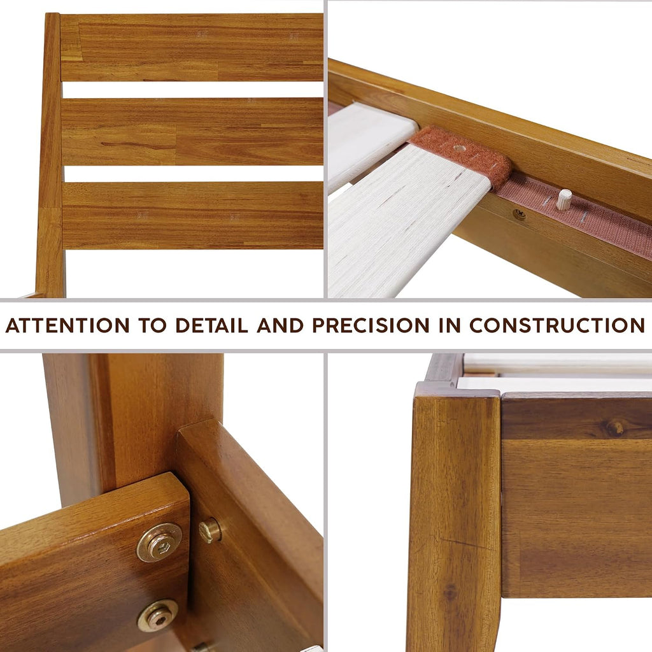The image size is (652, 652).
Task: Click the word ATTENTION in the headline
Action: click(67, 325)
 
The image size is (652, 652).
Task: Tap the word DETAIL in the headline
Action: click(211, 325)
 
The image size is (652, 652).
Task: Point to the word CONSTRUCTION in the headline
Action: click(557, 325)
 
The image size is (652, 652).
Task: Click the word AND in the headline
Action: click(280, 325)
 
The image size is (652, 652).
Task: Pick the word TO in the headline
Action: click(153, 325)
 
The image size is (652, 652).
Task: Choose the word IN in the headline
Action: click(450, 325)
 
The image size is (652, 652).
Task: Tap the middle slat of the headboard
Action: click(193, 131)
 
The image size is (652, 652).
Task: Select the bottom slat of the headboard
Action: click(194, 215)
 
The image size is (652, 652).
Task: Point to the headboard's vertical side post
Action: click(51, 155)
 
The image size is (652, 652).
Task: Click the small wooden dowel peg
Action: click(564, 199)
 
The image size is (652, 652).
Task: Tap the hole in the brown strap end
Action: click(460, 148)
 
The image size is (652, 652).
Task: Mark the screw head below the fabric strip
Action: click(519, 215)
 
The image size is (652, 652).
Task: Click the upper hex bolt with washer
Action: click(160, 543)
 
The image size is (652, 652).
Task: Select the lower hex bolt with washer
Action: click(158, 616)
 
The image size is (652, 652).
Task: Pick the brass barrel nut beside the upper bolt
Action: click(210, 530)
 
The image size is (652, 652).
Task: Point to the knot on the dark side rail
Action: click(614, 427)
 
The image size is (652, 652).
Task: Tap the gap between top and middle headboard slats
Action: click(193, 90)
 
